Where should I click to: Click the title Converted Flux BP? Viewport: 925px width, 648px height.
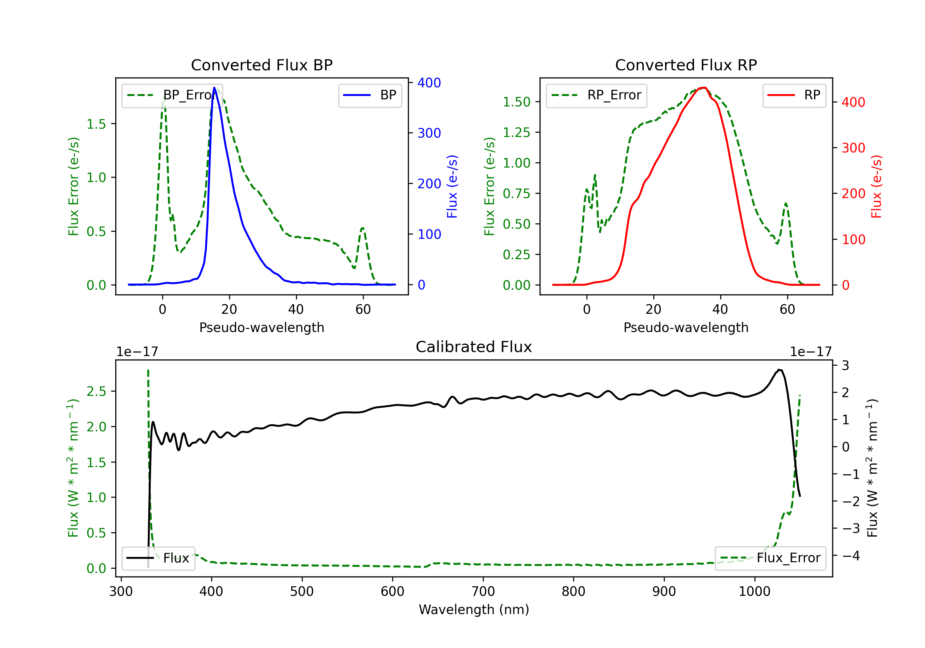point(261,65)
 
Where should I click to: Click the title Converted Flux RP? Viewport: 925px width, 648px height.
point(686,65)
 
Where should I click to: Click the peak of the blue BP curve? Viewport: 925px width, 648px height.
point(214,88)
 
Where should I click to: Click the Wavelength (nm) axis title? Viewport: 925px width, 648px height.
point(474,609)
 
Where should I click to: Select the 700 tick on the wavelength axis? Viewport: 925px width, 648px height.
point(483,591)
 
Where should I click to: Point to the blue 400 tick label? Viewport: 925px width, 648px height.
point(429,83)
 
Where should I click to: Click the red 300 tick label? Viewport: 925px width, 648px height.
point(853,148)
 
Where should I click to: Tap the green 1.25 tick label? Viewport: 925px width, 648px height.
point(516,132)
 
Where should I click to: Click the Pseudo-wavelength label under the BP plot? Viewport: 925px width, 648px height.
point(261,327)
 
